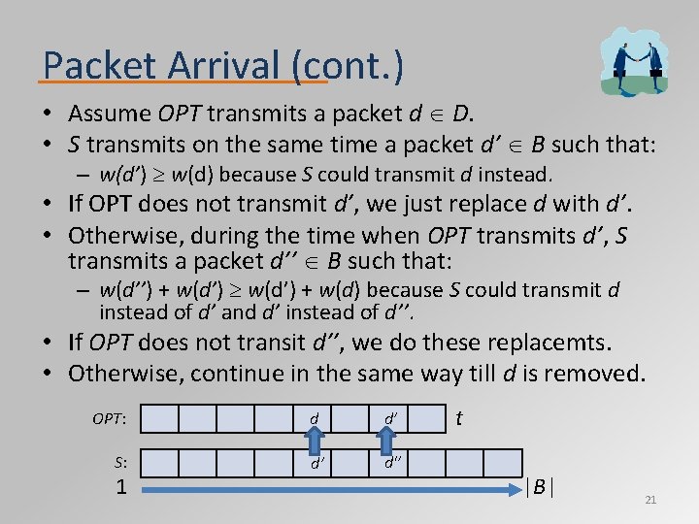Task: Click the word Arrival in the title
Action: point(204,65)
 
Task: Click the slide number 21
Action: point(650,500)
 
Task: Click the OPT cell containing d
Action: point(314,419)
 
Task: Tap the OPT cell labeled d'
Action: point(389,419)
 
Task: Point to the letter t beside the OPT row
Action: point(458,417)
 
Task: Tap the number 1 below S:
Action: point(120,486)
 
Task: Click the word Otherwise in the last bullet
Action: point(125,373)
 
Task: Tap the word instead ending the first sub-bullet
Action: point(517,176)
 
